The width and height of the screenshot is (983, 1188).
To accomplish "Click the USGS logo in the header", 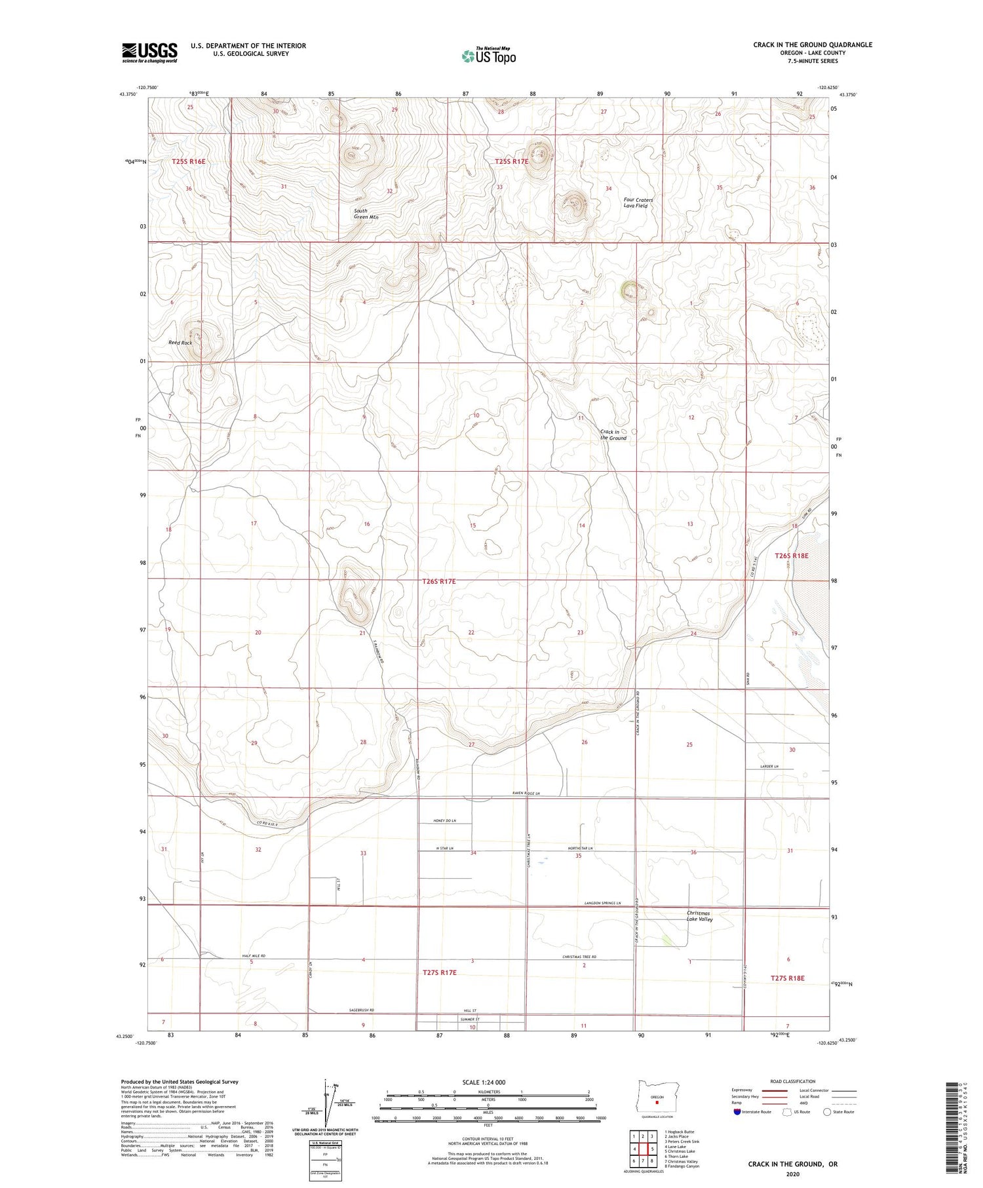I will [x=149, y=52].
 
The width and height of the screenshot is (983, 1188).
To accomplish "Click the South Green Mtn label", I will [x=366, y=214].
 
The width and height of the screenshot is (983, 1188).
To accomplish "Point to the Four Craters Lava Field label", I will [x=638, y=202].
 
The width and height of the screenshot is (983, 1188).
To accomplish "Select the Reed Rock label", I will [x=180, y=343].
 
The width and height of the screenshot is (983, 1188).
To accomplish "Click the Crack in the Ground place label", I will [x=613, y=434].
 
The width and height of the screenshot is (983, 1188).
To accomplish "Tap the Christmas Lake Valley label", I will [x=699, y=915].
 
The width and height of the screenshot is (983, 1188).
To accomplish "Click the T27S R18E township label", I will [x=787, y=978].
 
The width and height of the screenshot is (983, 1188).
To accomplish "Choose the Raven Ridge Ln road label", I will [x=530, y=794].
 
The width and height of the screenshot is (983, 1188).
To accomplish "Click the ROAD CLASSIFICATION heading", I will [x=792, y=1081].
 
